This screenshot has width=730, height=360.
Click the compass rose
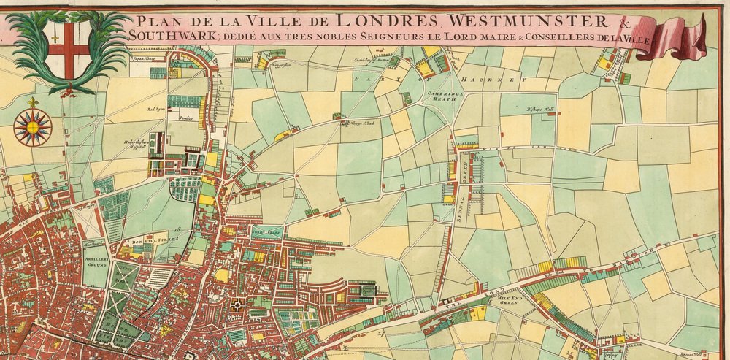tap(33, 127)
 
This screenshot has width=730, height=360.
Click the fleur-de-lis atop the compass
tap(33, 103)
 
